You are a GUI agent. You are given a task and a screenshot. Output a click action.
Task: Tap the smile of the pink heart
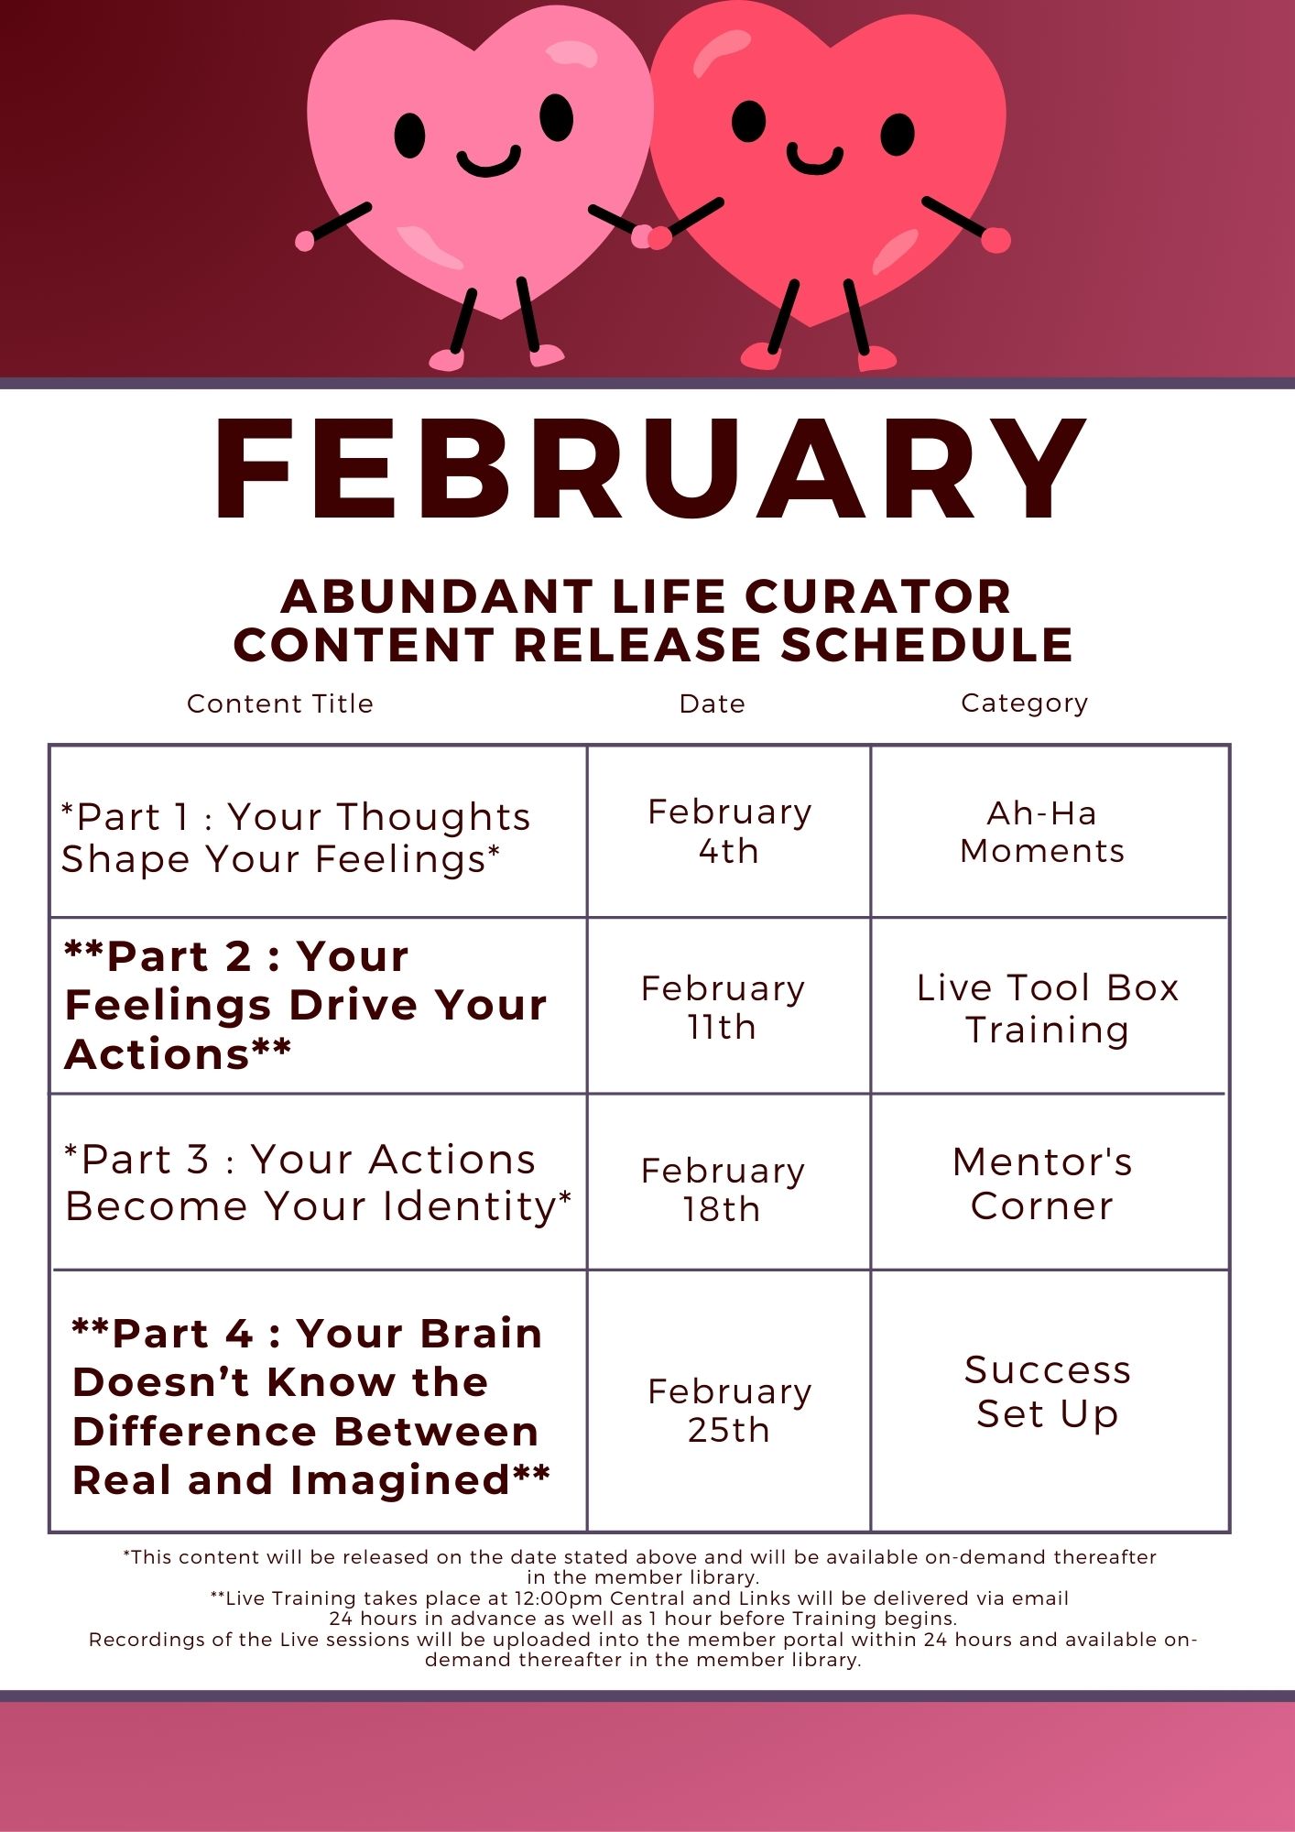coord(488,163)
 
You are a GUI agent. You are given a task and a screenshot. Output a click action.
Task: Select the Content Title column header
coord(280,703)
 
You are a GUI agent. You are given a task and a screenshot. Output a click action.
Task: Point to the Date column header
coord(713,703)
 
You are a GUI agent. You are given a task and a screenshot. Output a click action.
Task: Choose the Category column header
coord(1025,703)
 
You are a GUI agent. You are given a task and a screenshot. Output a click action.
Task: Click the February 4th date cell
coord(729,832)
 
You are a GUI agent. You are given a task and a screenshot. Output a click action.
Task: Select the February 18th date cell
coord(723,1190)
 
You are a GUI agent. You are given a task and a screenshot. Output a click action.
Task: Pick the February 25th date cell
coord(729,1411)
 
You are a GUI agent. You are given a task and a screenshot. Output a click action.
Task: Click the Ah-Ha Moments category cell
coord(1042,832)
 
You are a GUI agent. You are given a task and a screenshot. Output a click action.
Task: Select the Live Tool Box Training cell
coord(1048,1009)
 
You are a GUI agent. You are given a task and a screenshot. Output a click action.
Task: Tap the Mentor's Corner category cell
coord(1042,1183)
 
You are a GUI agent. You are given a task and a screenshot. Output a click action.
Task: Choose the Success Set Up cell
coord(1048,1391)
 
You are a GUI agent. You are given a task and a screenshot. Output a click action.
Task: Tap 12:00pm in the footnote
coord(551,1598)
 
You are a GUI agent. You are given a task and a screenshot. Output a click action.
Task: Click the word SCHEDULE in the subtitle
coord(927,645)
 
